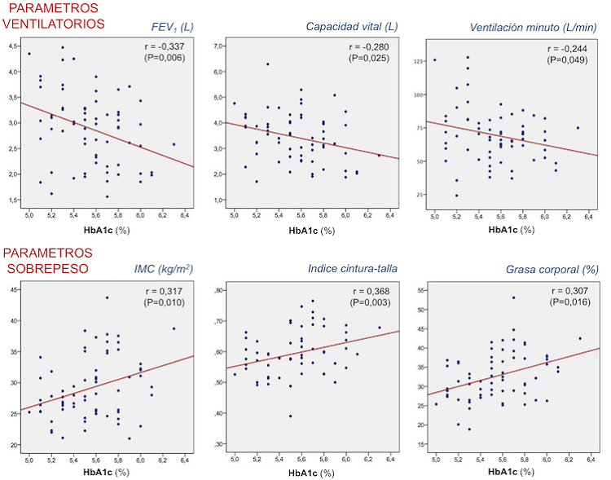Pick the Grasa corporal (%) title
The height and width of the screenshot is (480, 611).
pos(552,268)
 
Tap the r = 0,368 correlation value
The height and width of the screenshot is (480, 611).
pos(370,291)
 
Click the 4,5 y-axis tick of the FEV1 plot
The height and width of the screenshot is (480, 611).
pos(13,46)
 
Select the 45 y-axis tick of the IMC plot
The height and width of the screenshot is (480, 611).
pos(13,289)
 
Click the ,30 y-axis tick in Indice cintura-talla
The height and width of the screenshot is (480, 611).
pos(216,444)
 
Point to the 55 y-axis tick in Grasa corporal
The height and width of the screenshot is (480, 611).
pos(421,289)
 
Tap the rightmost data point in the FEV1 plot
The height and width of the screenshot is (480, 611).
pos(174,144)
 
